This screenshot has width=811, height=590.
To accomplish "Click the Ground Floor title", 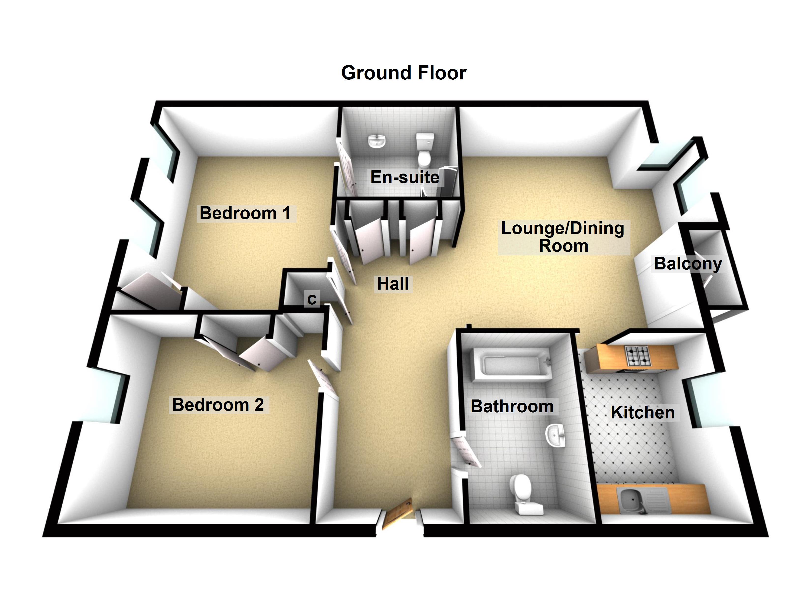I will click(403, 73).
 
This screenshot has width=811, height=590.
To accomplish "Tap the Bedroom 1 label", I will click(245, 213).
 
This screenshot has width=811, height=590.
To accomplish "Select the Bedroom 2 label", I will click(218, 405).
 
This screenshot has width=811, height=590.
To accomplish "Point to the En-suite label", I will click(405, 177).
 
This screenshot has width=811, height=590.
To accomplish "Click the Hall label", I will click(393, 284).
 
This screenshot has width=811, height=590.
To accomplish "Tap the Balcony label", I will click(688, 264).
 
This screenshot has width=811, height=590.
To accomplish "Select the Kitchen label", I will click(643, 413).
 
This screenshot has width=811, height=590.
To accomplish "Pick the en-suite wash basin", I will click(377, 141).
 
